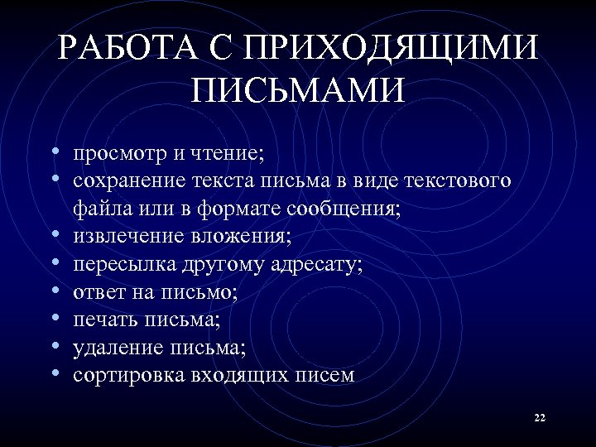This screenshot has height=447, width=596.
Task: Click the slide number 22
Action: (x=540, y=418)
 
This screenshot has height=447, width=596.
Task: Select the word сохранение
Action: (x=128, y=181)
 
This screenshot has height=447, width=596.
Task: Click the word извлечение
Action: (x=125, y=237)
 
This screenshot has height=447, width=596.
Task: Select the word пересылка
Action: (x=123, y=265)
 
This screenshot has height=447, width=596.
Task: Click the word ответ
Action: (x=98, y=292)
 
